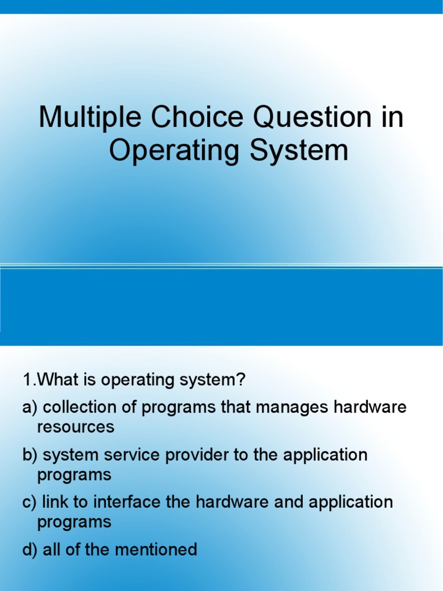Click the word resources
[x=76, y=427]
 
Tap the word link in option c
[x=52, y=502]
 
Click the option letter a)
[x=30, y=407]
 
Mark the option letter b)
[x=30, y=455]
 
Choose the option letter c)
[x=29, y=502]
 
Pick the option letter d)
[x=30, y=550]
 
